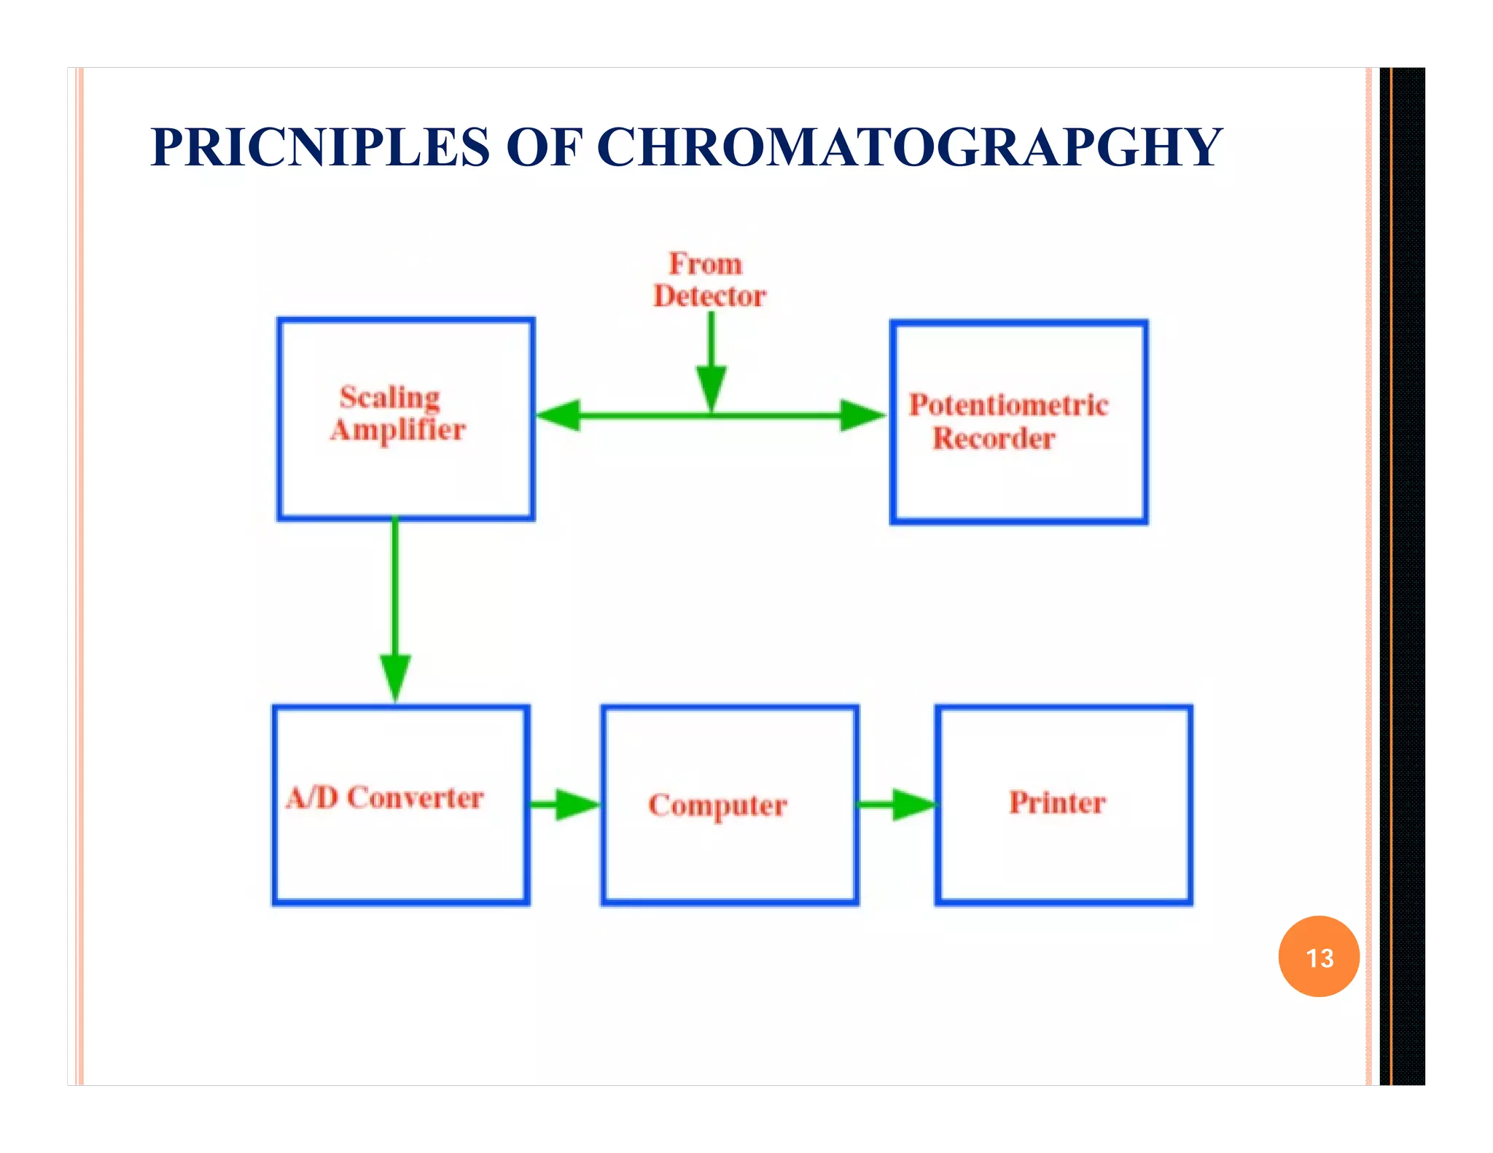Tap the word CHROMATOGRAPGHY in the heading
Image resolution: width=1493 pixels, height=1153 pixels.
coord(909,148)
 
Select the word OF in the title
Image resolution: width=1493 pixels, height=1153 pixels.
coord(544,148)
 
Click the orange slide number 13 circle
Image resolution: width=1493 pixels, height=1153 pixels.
coord(1318,956)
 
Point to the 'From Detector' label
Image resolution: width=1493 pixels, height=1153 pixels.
coord(709,280)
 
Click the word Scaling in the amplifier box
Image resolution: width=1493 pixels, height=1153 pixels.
coord(390,398)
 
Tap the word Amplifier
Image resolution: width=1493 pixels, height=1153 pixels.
coord(398,430)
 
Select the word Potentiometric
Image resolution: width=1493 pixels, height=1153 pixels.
coord(1008,405)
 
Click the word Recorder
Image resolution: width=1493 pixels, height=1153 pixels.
coord(994,439)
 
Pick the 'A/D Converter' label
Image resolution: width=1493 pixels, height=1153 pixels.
coord(385,797)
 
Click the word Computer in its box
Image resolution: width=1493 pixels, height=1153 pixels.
coord(717,805)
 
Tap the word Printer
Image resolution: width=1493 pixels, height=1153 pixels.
coord(1057,802)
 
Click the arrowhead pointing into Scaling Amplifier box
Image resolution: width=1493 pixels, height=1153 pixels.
coord(558,415)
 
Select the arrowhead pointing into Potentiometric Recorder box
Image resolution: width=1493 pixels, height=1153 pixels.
coord(862,415)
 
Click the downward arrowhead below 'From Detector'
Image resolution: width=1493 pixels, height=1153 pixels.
coord(712,386)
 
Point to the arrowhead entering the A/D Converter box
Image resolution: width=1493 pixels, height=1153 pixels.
coord(395,676)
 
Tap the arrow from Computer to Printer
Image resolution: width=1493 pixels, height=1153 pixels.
coord(897,805)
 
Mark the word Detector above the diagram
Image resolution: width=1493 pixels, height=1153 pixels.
coord(709,297)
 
